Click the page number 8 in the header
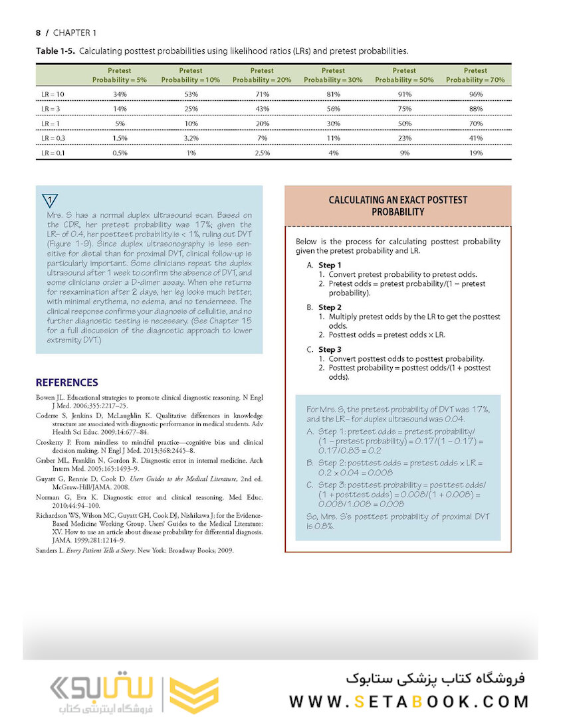coord(38,33)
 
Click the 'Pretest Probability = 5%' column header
coord(119,75)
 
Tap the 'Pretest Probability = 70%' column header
coord(475,75)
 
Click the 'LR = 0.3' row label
coord(53,138)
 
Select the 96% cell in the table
coord(476,94)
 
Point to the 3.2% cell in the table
coord(190,138)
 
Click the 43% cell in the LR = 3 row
coord(262,109)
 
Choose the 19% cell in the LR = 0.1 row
coord(476,153)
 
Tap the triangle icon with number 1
coord(50,200)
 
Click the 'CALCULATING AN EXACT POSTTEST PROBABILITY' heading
coord(397,206)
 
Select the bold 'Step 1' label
coord(330,266)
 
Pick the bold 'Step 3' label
coord(330,349)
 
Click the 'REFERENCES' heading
coord(66,383)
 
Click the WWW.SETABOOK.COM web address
coord(409,701)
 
